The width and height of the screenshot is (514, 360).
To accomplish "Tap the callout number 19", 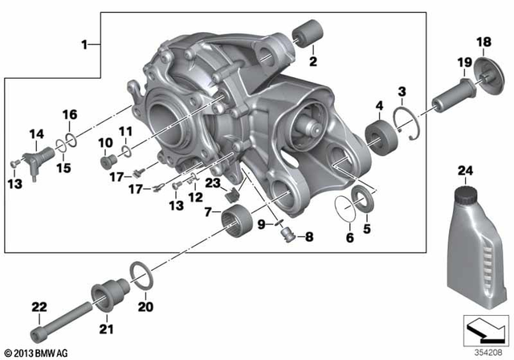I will [463, 62].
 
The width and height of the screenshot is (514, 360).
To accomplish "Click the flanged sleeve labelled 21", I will [104, 293].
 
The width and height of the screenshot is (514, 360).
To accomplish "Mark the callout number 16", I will [70, 114].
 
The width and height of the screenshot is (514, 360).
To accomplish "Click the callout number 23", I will [211, 184].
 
